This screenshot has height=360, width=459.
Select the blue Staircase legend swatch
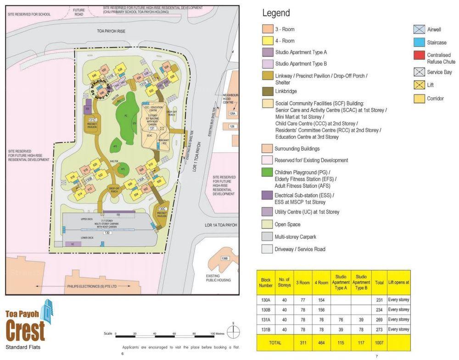[x=418, y=42]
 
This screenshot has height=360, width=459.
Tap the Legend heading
[x=276, y=13]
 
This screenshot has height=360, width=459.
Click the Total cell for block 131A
[x=379, y=319]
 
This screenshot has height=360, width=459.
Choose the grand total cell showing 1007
[x=379, y=342]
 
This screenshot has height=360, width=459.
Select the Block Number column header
[x=266, y=282]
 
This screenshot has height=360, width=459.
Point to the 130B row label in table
[x=266, y=310]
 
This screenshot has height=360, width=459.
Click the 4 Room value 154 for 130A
[x=321, y=299]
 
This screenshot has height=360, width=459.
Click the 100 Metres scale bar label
[x=219, y=334]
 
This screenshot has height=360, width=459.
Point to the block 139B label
[x=224, y=259]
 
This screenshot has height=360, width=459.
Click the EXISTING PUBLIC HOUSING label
[x=218, y=277]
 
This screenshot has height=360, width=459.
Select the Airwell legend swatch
[x=418, y=29]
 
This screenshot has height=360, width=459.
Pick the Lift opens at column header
[x=398, y=282]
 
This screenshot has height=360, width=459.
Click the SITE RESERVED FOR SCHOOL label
[x=29, y=14]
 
